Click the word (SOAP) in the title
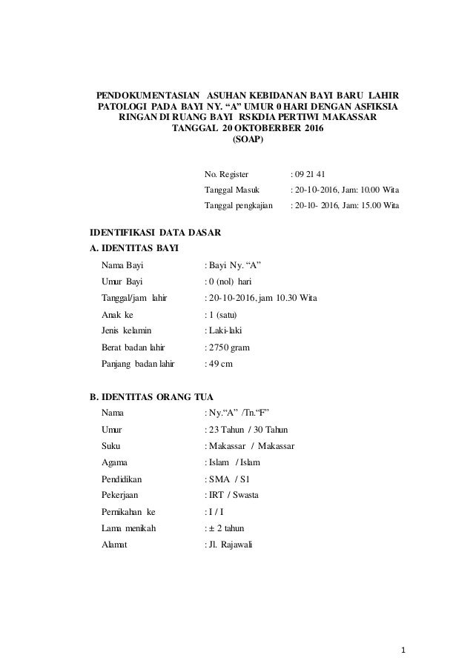(247, 139)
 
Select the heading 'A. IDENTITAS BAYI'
(133, 247)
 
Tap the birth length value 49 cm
(224, 362)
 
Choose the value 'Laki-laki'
(230, 330)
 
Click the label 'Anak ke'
(116, 313)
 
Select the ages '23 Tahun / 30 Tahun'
(249, 430)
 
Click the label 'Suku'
(112, 446)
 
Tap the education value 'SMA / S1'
(229, 479)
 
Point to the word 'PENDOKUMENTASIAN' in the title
(145, 96)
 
